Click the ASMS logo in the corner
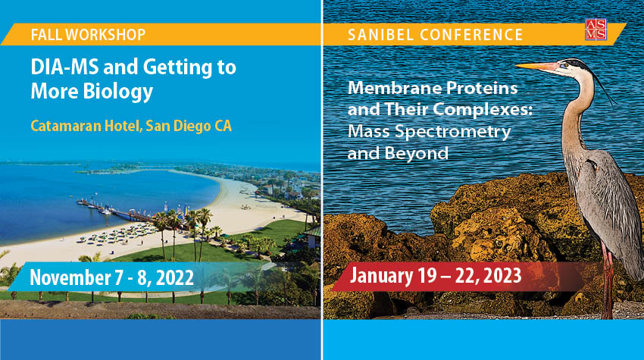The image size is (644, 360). [596, 29]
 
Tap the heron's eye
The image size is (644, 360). [566, 65]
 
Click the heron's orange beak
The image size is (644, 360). [536, 67]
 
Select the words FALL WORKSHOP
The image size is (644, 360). [88, 35]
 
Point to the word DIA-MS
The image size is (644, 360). [64, 67]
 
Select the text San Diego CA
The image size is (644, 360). [189, 126]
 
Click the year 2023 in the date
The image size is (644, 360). [502, 275]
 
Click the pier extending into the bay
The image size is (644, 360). [111, 210]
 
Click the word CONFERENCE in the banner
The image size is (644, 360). [471, 35]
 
